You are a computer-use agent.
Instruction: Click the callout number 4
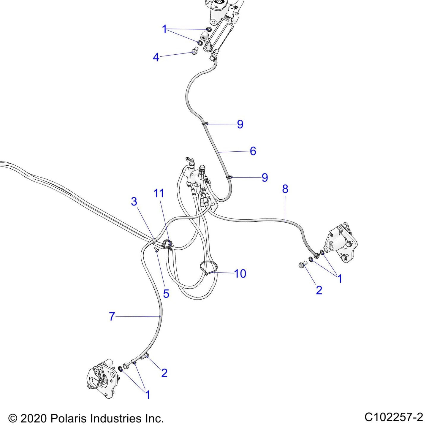[x=156, y=57]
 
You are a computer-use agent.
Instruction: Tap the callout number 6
[x=253, y=151]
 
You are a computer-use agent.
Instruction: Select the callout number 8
[x=285, y=189]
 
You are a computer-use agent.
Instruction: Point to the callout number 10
[x=240, y=273]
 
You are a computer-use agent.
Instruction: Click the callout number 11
[x=159, y=193]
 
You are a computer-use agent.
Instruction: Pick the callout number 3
[x=134, y=202]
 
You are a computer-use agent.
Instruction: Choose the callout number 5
[x=166, y=294]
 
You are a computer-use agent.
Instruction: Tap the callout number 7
[x=112, y=316]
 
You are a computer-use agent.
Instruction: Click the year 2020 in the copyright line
[x=33, y=418]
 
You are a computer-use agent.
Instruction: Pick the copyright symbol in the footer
[x=13, y=418]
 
